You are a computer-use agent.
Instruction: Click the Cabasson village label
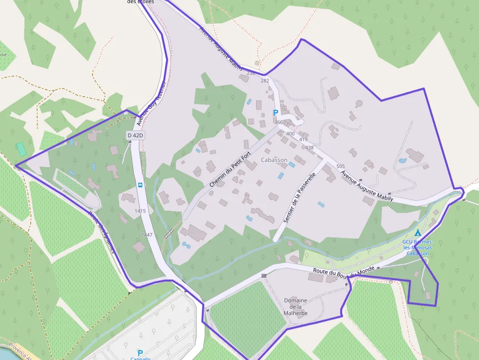pos(274,160)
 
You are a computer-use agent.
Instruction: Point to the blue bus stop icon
pos(140,185)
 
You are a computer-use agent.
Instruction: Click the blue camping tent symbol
pos(417,233)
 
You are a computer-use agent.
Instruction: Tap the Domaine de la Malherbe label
pos(296,307)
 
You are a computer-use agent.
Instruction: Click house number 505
pos(341,167)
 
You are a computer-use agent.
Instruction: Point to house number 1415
pos(140,211)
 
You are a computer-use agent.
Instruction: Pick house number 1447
pos(147,235)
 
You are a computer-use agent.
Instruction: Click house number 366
pos(279,122)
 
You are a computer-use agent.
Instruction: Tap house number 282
pos(265,81)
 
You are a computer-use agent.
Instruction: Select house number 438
pos(309,148)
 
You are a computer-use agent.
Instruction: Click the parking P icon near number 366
pos(275,113)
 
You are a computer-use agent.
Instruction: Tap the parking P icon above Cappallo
pos(140,352)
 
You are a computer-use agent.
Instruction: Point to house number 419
pos(304,140)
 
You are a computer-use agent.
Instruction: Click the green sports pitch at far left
pos(21,149)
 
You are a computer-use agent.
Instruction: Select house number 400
pos(290,134)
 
